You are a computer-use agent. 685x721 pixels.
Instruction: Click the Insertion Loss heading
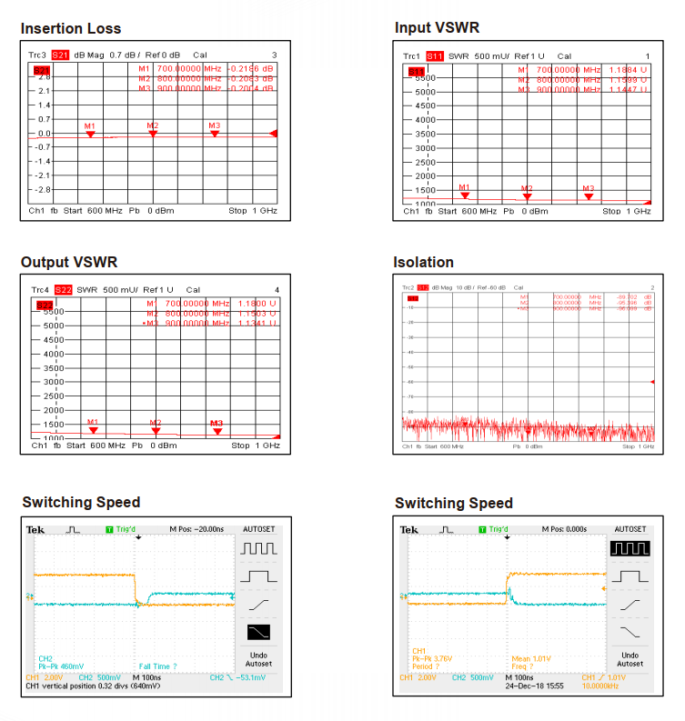point(71,29)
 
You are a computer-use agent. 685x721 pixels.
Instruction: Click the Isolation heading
point(423,263)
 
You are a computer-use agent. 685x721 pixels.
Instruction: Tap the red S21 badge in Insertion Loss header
point(60,55)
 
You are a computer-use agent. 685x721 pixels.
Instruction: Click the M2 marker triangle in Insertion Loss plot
point(153,134)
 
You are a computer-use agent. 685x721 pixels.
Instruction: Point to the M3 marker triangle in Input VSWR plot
point(589,195)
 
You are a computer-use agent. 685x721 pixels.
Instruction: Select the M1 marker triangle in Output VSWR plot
point(93,430)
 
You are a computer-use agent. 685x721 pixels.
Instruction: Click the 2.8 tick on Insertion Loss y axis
point(44,77)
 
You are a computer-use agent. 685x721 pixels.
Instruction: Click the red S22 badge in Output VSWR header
point(63,290)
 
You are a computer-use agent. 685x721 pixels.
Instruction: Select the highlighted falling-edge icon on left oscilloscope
point(258,632)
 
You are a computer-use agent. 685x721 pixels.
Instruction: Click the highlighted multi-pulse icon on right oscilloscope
point(630,548)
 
